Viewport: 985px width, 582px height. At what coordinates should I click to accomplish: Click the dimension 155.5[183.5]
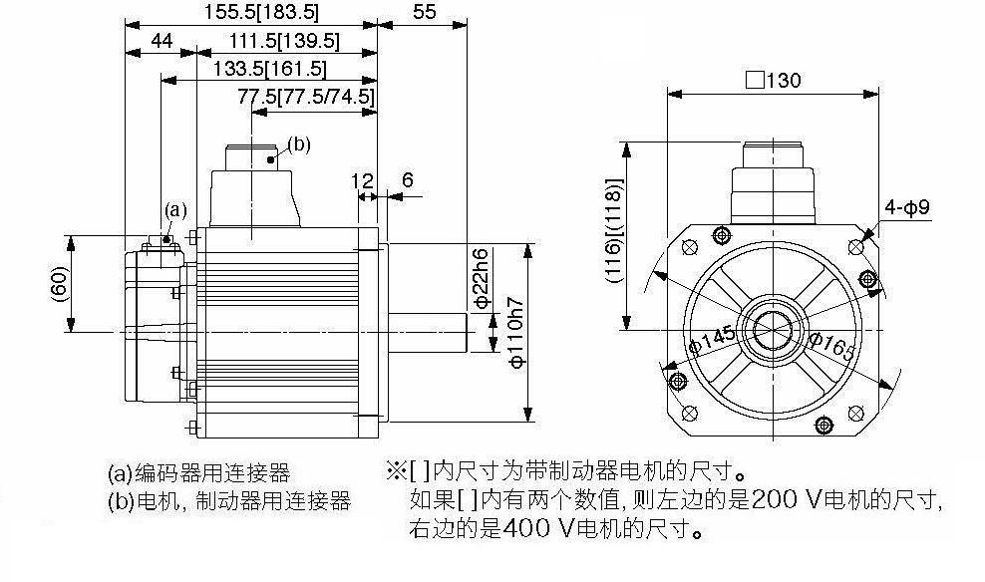pos(262,11)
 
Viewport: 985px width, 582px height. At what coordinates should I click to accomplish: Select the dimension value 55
pos(425,11)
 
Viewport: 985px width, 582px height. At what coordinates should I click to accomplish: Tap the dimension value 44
pos(162,41)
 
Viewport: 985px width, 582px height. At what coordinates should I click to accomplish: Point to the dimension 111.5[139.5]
pos(284,42)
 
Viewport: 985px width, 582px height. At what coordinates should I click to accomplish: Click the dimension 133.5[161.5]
pos(269,69)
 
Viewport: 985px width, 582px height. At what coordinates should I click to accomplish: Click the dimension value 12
pos(362,181)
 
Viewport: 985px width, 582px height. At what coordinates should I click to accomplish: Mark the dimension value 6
pos(407,180)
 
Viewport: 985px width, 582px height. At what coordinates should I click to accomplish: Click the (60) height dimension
pos(59,284)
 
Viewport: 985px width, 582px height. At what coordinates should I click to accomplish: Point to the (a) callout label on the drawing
pos(175,209)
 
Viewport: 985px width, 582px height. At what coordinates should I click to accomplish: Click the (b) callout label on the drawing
pos(299,145)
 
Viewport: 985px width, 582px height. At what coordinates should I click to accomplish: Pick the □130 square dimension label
pos(774,80)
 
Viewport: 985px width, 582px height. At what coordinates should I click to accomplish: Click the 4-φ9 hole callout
pos(907,207)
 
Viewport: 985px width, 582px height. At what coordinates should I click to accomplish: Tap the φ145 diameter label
pos(713,340)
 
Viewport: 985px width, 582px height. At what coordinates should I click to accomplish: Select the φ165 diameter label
pos(832,346)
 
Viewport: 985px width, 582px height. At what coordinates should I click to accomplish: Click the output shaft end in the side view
pos(467,332)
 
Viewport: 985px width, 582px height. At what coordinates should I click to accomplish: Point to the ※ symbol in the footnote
pos(397,469)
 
